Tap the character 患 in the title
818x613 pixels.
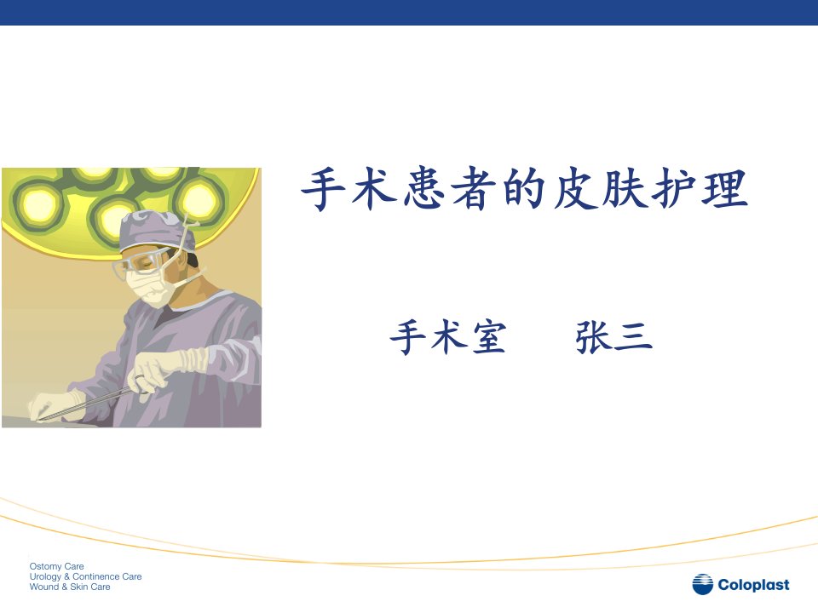point(423,189)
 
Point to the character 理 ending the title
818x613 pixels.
point(726,189)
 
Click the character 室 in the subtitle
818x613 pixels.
point(489,337)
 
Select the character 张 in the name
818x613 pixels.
point(594,337)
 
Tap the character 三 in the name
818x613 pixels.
point(633,337)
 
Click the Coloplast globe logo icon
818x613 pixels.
point(702,584)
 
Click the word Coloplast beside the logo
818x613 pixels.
point(753,585)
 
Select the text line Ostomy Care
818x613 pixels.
point(56,566)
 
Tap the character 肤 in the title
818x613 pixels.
point(625,189)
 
